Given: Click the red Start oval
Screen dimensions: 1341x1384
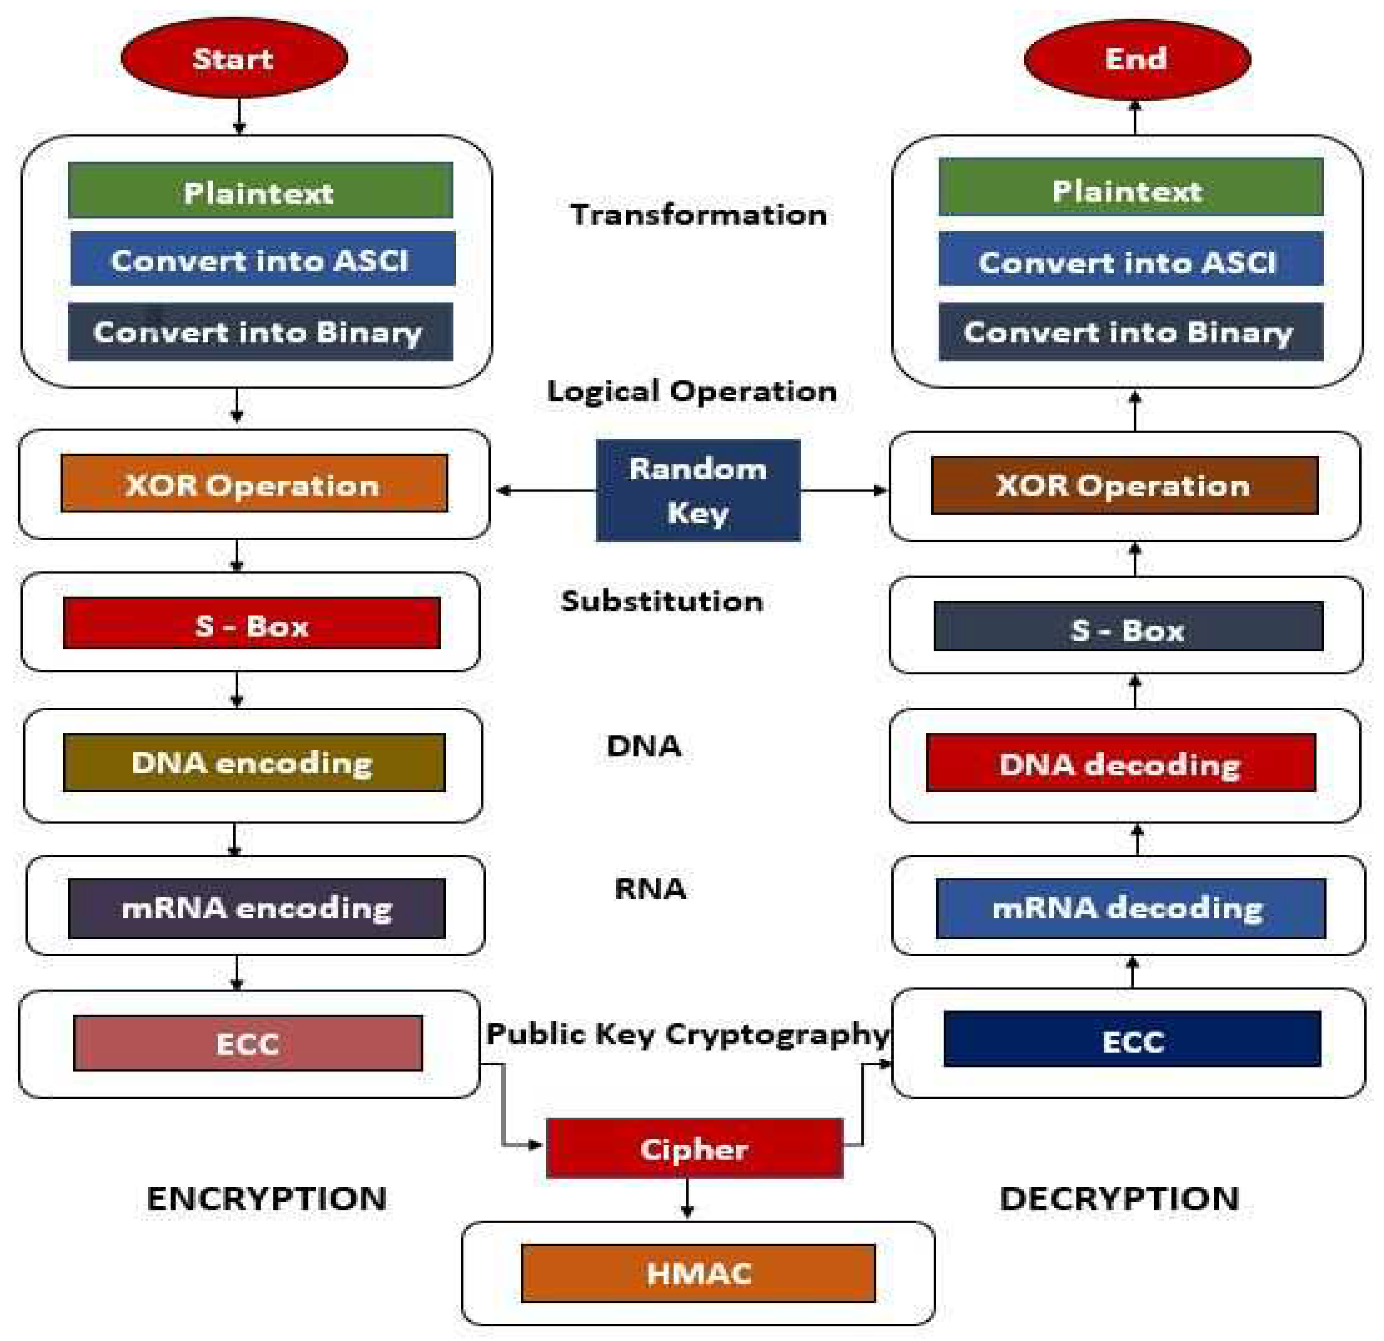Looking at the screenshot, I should [234, 58].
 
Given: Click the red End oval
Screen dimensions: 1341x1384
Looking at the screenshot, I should [1136, 59].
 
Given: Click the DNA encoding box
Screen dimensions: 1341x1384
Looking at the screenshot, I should [254, 763].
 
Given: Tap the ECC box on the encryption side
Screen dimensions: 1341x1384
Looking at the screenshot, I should [248, 1043].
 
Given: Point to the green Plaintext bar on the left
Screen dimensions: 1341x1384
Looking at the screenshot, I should [260, 191].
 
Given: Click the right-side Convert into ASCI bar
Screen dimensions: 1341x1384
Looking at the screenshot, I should [1130, 260].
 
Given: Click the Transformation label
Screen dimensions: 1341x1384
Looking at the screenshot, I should [699, 215].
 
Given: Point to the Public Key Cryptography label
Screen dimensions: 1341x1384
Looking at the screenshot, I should [687, 1034].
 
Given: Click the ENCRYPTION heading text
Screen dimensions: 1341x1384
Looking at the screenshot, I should [267, 1199].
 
